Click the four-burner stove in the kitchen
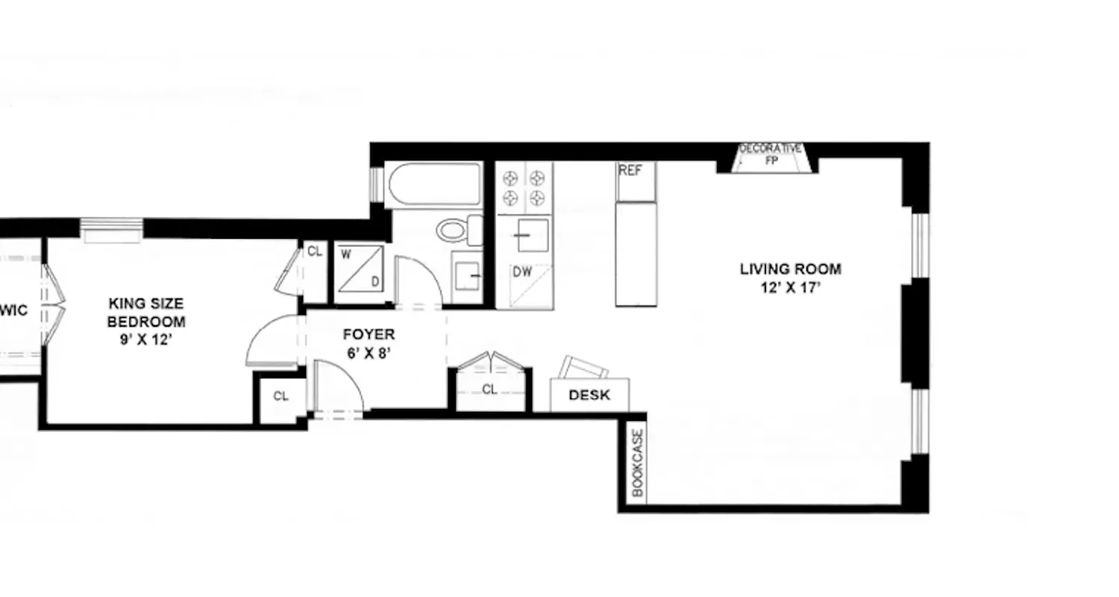(x=524, y=188)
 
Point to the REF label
(x=630, y=171)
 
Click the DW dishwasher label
(x=522, y=272)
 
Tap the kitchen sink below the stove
(x=532, y=235)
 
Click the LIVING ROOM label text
(x=790, y=269)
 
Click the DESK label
(x=589, y=396)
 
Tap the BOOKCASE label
(x=637, y=463)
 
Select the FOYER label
(x=369, y=334)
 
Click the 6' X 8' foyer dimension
(x=369, y=353)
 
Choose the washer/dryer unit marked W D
(x=360, y=269)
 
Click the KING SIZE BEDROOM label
(x=146, y=313)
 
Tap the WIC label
(x=15, y=310)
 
